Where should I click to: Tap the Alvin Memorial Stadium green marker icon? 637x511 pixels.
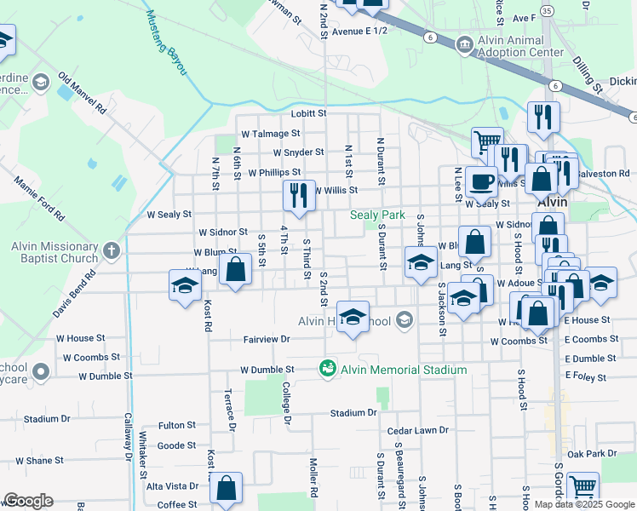(326, 369)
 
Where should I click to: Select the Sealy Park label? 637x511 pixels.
(377, 215)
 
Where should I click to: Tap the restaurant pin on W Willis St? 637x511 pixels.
(298, 196)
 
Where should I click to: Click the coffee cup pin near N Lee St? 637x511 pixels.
(481, 181)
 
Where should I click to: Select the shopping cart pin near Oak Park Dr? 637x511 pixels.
(583, 487)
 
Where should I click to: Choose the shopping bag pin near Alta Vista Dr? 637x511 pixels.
(226, 488)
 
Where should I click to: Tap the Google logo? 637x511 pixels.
(28, 501)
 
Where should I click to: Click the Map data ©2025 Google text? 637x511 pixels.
(585, 504)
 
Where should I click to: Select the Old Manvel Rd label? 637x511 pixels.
(82, 94)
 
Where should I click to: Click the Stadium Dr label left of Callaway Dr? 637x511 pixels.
(47, 419)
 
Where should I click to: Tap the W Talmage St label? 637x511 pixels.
(271, 134)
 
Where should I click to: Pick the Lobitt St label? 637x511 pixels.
(309, 113)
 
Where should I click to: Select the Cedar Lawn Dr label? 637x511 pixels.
(417, 432)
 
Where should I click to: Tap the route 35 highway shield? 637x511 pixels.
(546, 10)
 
